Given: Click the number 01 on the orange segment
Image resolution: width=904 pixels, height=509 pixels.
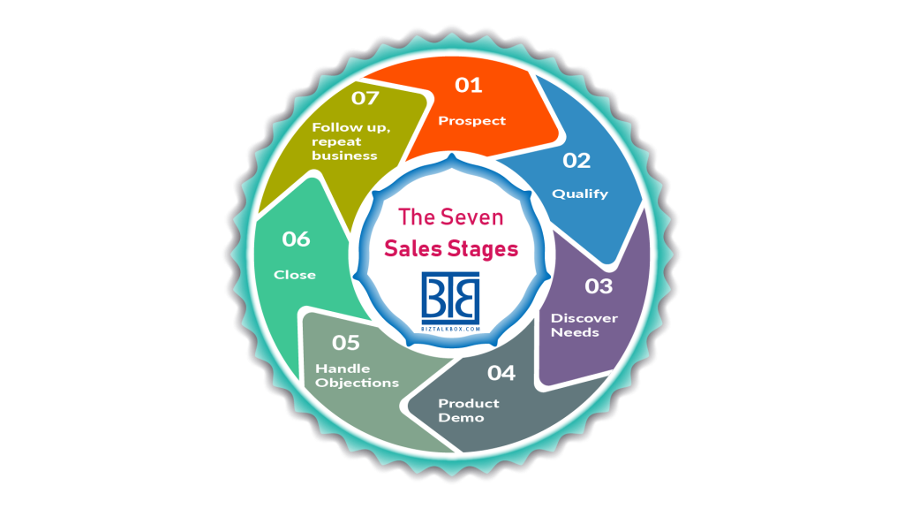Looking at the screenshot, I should pos(469,85).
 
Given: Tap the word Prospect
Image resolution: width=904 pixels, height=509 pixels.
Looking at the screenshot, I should pos(472,120).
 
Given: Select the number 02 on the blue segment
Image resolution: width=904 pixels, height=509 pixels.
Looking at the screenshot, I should pos(576,160).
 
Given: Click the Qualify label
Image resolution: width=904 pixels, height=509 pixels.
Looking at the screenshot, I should pos(580,194).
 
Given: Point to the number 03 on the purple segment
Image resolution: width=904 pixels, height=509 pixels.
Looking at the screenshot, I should pos(599,285).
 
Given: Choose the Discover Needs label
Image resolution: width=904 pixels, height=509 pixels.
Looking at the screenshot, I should pos(584,325).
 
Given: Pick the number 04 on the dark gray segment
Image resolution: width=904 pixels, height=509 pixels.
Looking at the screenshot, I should pos(501,373).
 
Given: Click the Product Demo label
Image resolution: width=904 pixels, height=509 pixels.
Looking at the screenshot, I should pos(469,410).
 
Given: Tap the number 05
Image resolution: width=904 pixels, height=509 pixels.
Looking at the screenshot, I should pos(346,340).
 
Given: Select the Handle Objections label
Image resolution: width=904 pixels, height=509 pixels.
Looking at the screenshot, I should pos(357,376).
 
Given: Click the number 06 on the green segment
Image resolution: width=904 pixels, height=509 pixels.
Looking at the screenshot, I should pos(297,239).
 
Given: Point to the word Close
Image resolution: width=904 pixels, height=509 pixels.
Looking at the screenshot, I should pos(295,275).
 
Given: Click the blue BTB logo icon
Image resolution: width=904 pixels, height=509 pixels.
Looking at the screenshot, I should pos(450,297).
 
